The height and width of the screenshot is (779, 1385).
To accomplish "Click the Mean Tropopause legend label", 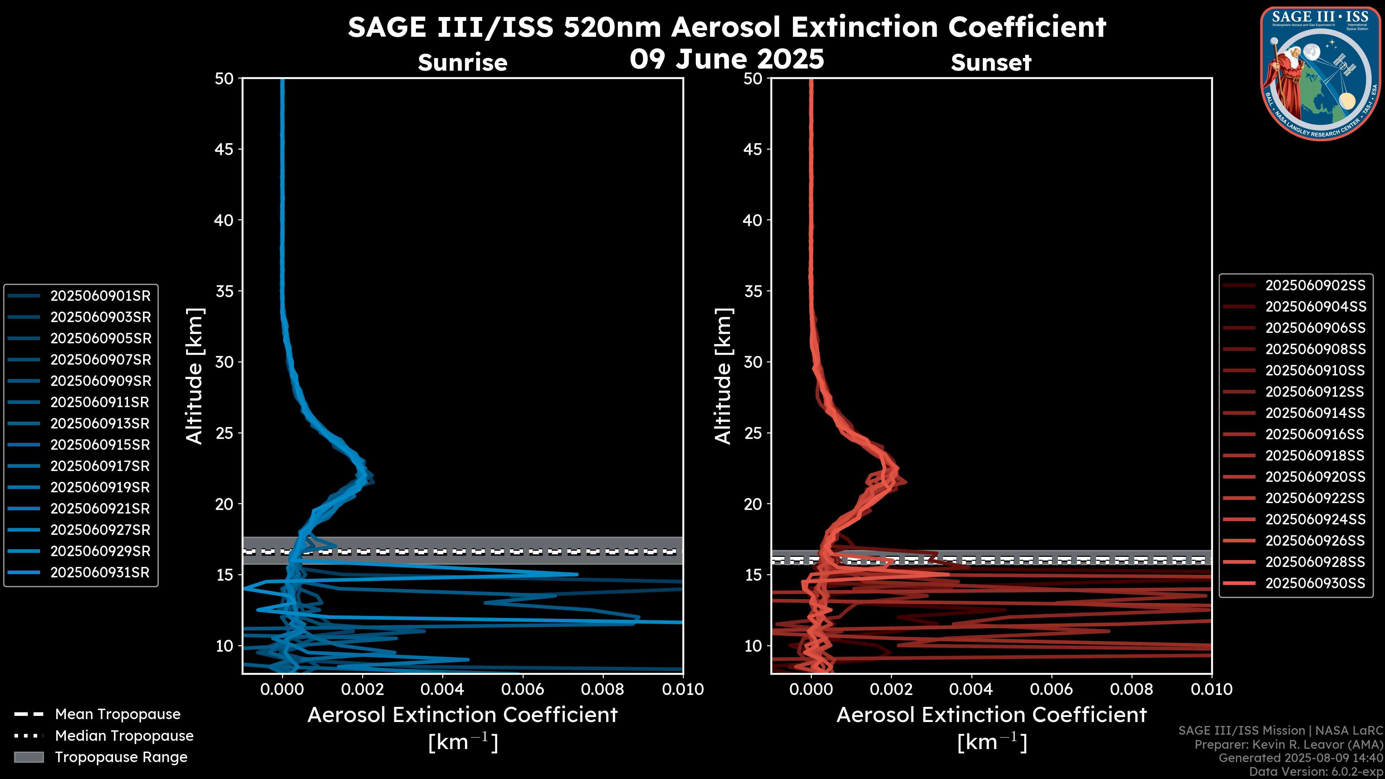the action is click(118, 714).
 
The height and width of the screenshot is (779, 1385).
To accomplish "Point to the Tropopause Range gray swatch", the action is click(28, 757).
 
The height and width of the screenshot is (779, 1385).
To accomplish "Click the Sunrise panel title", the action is click(462, 63).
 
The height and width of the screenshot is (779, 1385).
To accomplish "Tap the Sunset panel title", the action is click(991, 63).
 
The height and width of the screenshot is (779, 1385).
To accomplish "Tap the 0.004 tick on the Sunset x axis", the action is click(971, 689).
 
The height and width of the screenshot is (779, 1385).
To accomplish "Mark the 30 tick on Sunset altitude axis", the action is click(753, 362).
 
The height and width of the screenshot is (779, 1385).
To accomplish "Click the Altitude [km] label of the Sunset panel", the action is click(724, 376).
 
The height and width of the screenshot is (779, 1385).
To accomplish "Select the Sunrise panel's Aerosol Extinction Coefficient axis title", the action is click(462, 715).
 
